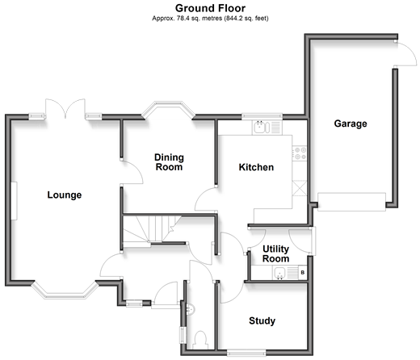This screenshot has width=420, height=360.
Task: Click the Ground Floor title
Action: coord(210,8)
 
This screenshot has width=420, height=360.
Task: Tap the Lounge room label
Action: coord(65,195)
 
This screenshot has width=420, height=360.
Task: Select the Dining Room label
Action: coord(169,162)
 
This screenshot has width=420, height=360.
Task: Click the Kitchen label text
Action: coord(256,167)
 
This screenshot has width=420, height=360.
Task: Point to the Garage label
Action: coord(351,123)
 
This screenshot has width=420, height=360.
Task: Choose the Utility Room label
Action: coord(275,253)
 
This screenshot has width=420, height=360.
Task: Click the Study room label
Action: coord(262,320)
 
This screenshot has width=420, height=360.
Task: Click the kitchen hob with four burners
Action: coord(300,153)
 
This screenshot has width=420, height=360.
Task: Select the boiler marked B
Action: coord(303,273)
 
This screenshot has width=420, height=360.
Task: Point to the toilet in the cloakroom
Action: coord(200,340)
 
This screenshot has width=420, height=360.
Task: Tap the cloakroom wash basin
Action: coord(190,309)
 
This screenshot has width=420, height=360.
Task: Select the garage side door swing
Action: coord(405,53)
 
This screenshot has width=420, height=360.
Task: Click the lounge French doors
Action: coord(65,109)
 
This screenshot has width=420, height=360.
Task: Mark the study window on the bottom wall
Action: coord(246,353)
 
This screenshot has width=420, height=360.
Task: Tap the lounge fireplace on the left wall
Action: coord(14,201)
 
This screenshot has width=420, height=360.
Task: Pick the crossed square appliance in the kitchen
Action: coord(300,188)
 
